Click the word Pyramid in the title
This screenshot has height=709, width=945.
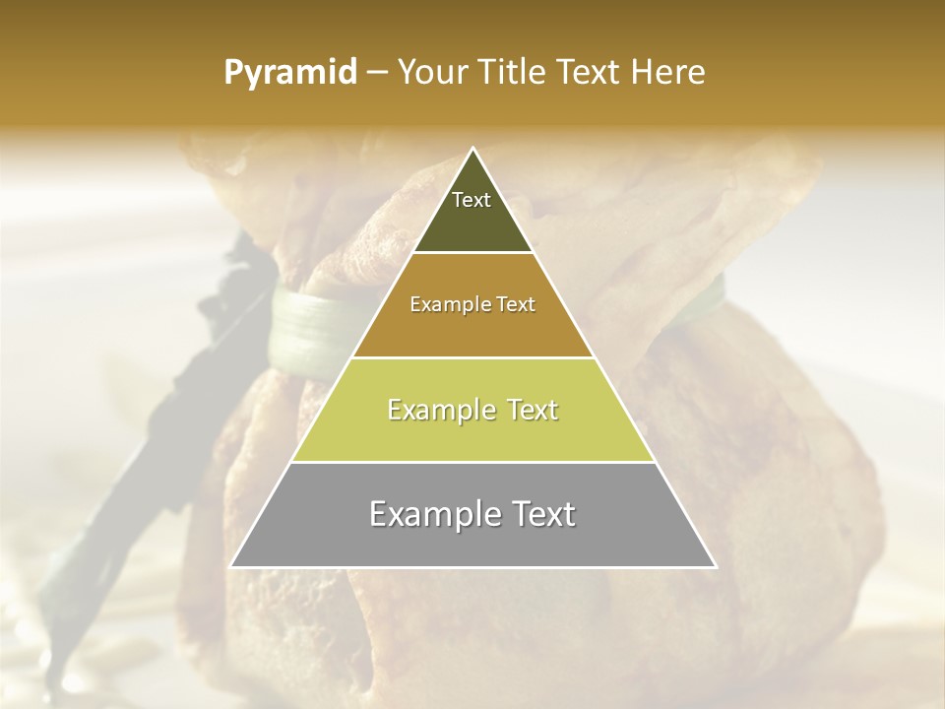(289, 73)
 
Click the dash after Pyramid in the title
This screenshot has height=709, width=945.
(377, 74)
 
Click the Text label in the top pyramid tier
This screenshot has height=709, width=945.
(472, 200)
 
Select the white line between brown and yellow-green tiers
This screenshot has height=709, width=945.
(473, 357)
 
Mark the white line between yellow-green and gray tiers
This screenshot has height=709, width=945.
(473, 462)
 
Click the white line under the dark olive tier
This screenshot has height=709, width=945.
(473, 253)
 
